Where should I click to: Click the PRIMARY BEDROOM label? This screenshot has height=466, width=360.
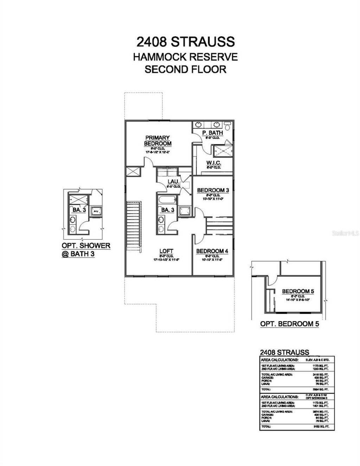tap(157, 141)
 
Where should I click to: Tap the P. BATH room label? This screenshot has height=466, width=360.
tap(212, 133)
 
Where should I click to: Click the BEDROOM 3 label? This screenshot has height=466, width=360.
tap(213, 190)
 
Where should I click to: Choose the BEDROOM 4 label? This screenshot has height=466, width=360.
tap(212, 251)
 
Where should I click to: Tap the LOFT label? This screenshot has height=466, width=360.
tap(166, 251)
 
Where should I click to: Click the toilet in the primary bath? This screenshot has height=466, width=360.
tap(227, 125)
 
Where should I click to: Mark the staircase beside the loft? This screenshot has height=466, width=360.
tap(134, 225)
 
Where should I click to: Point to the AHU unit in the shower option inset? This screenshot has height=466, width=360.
tap(95, 211)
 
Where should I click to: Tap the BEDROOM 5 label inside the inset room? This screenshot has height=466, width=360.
tap(298, 291)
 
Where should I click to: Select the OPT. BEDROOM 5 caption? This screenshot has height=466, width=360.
tap(289, 324)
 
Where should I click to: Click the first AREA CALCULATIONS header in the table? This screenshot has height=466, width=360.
tap(279, 360)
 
